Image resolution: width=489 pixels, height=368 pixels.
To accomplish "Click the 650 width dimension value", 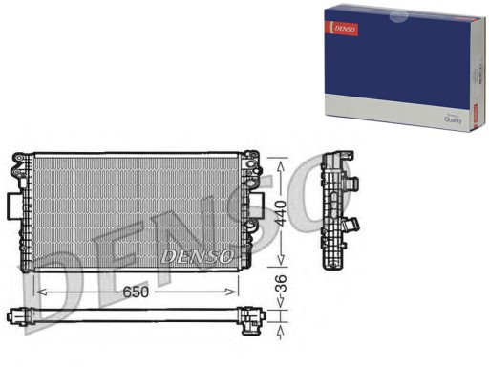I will [x=136, y=292].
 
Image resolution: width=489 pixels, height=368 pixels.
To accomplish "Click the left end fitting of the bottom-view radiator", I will [x=16, y=314].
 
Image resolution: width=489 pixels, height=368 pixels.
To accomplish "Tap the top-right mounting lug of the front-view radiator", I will [x=250, y=155].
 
